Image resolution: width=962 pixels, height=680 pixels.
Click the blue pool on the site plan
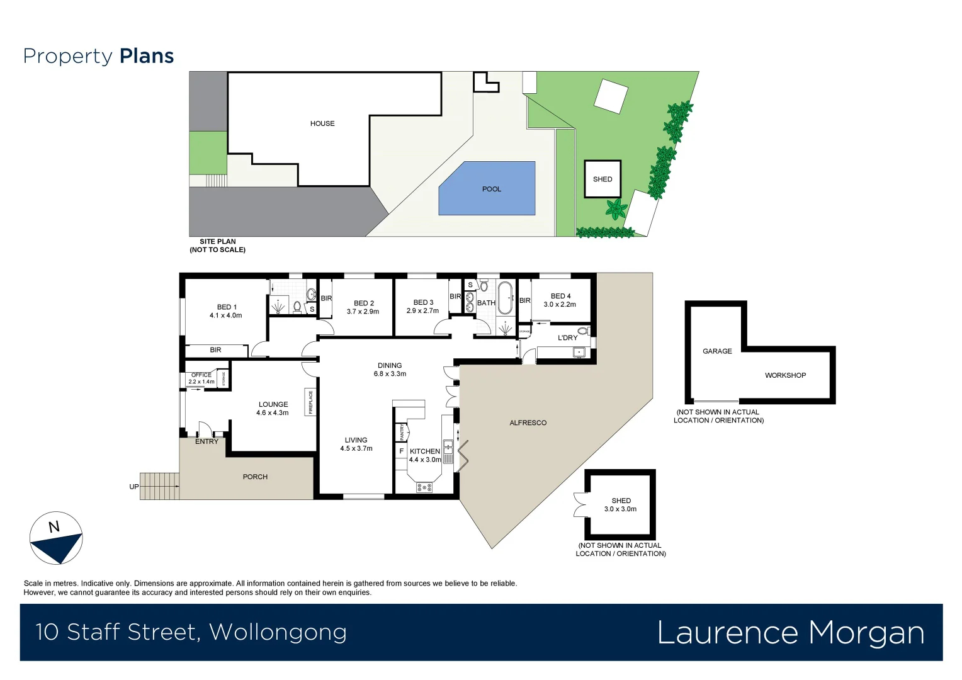(x=487, y=189)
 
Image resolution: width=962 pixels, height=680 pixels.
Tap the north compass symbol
(x=56, y=538)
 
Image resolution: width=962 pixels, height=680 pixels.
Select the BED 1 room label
(x=227, y=307)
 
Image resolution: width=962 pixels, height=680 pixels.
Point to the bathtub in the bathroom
(x=505, y=298)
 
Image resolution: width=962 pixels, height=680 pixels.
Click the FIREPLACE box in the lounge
(x=310, y=402)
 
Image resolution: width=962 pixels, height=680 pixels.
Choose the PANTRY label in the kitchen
(x=402, y=432)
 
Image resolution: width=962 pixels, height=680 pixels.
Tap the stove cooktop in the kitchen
(x=424, y=487)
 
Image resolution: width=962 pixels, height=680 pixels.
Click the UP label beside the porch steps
(x=133, y=487)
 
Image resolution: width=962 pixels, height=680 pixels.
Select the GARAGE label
(x=717, y=351)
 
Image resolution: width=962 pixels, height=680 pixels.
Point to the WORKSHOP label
(x=785, y=375)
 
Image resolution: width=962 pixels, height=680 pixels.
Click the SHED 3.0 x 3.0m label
(x=621, y=505)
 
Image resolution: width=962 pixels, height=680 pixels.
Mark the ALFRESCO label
(x=528, y=423)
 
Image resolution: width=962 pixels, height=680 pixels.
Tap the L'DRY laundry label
(x=567, y=338)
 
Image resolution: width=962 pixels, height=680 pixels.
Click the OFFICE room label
(x=201, y=375)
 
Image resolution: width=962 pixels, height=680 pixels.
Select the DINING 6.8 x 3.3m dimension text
(x=390, y=374)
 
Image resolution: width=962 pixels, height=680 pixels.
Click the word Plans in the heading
(x=147, y=56)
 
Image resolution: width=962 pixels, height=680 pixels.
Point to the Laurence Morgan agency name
(x=790, y=633)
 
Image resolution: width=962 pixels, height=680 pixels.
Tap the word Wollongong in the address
(x=278, y=632)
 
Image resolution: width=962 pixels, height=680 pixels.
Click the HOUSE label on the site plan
(x=322, y=123)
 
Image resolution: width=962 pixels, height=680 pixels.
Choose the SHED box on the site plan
(x=603, y=179)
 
